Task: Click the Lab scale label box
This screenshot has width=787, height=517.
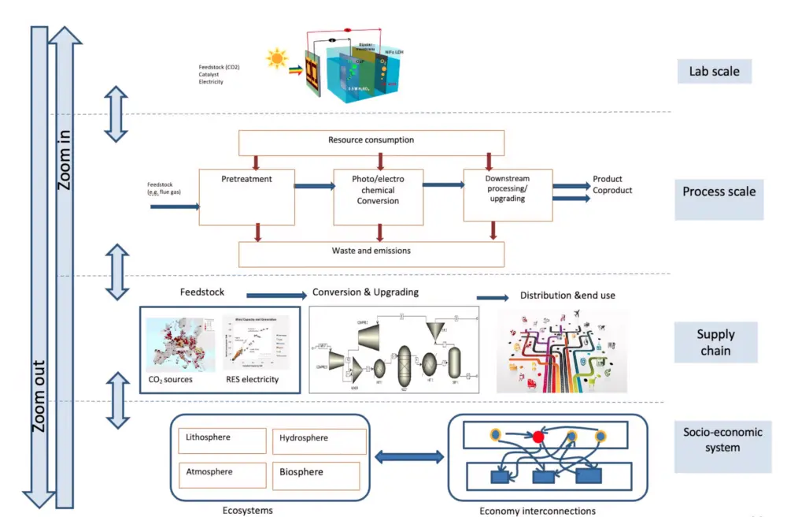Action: (x=714, y=72)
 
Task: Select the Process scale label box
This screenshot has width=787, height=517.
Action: (x=719, y=192)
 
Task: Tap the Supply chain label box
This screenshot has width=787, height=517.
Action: (x=715, y=342)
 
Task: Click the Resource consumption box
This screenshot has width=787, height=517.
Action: (x=371, y=140)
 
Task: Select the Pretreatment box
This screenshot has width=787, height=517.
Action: (x=247, y=197)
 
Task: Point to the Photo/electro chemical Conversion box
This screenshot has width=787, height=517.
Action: (x=378, y=197)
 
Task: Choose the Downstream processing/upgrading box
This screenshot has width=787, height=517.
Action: (x=507, y=194)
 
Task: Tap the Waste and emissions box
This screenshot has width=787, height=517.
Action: (x=371, y=252)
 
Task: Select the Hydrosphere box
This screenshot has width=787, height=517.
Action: (x=318, y=441)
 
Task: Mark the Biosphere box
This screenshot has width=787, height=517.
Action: (x=318, y=474)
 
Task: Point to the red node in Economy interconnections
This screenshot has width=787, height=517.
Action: (x=538, y=436)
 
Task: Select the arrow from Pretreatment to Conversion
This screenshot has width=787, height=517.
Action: (x=313, y=186)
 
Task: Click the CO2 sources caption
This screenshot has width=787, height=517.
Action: (x=171, y=380)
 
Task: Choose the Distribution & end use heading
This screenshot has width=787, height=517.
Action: (x=567, y=296)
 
